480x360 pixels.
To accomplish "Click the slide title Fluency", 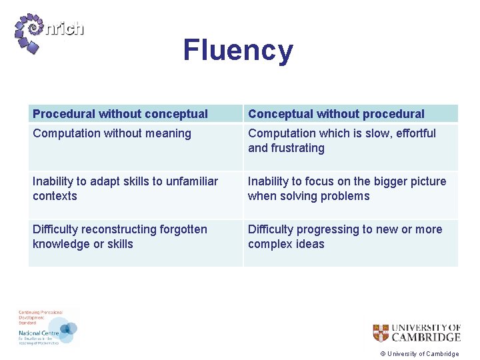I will click(238, 51).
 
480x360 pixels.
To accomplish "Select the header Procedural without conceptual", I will click(120, 114).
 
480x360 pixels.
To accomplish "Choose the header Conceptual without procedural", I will click(336, 114).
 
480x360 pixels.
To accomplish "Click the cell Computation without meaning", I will click(112, 133).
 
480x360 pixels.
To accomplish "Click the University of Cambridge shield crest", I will click(380, 333).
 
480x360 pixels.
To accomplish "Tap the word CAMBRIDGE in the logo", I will click(426, 337).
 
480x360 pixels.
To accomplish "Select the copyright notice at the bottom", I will click(419, 354).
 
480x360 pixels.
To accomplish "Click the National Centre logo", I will click(48, 329).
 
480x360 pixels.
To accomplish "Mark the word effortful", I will click(413, 133).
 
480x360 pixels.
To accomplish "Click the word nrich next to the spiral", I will click(65, 29).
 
